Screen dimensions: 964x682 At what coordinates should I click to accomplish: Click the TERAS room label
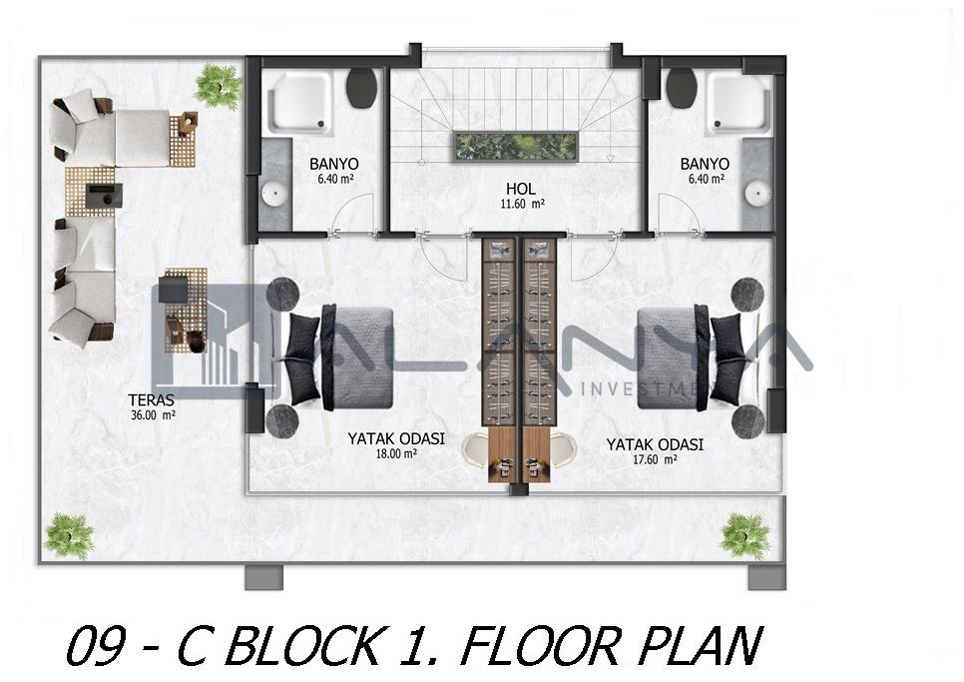coord(152,399)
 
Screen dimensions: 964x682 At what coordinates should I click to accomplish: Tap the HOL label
coord(520,189)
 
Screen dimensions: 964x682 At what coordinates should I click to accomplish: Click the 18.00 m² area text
coord(396,454)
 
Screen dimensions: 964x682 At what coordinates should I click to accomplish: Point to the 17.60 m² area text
coord(656,458)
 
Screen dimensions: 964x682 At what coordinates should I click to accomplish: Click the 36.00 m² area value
coord(153,414)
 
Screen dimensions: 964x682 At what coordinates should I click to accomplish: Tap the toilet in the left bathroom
coord(361,88)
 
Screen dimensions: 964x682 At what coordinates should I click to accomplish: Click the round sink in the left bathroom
coord(274,193)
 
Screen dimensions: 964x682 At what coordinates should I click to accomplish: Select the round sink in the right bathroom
coord(758,193)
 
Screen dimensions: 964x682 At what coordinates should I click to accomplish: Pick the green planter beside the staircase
coord(516,147)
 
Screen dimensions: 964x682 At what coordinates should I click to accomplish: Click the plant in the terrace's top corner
coord(218,87)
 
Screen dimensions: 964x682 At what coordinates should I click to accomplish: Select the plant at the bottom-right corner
coord(745,536)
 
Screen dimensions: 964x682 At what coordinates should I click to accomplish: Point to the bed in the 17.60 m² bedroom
coord(697,357)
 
